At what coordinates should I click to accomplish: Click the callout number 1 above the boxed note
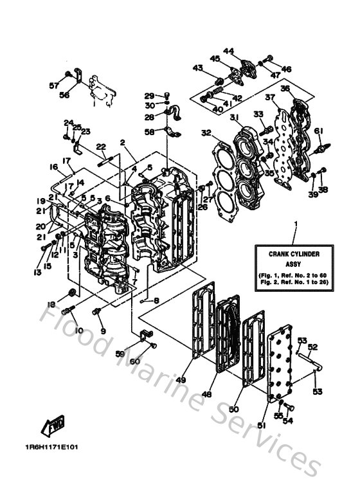pos(295,224)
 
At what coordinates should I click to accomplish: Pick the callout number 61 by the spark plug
pos(317,131)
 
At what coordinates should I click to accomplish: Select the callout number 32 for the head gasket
pos(206,134)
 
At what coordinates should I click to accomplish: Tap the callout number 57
pos(53,84)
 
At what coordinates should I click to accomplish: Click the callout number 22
pos(100,147)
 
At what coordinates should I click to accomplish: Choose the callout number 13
pos(38,273)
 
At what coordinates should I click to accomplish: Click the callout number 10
pos(79,330)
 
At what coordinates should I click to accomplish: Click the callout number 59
pos(120,354)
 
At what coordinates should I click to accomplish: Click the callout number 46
pos(286,69)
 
